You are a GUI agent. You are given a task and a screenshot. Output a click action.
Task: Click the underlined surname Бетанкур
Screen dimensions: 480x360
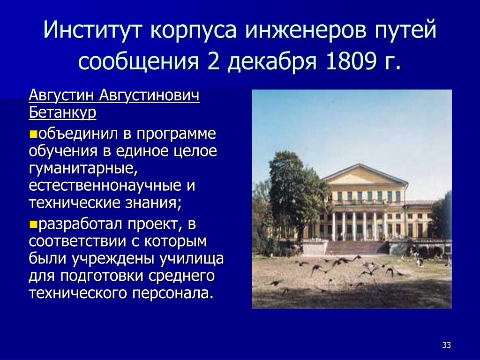click(x=62, y=112)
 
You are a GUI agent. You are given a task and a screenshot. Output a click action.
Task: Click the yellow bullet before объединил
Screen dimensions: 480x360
click(x=33, y=134)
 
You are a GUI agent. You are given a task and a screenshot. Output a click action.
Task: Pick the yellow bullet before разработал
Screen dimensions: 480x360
click(x=33, y=225)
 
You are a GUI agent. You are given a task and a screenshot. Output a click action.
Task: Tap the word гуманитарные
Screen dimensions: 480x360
click(x=83, y=168)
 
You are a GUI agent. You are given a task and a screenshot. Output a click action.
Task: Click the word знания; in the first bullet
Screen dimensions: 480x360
click(x=153, y=203)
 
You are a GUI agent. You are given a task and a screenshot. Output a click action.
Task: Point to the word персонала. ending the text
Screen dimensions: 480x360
click(x=172, y=293)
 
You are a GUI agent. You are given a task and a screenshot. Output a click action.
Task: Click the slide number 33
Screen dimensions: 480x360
click(x=447, y=345)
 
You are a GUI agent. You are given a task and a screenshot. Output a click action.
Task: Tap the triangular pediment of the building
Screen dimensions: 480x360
click(x=364, y=174)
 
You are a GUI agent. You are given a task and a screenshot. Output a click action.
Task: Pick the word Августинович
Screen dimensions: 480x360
click(x=150, y=96)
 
